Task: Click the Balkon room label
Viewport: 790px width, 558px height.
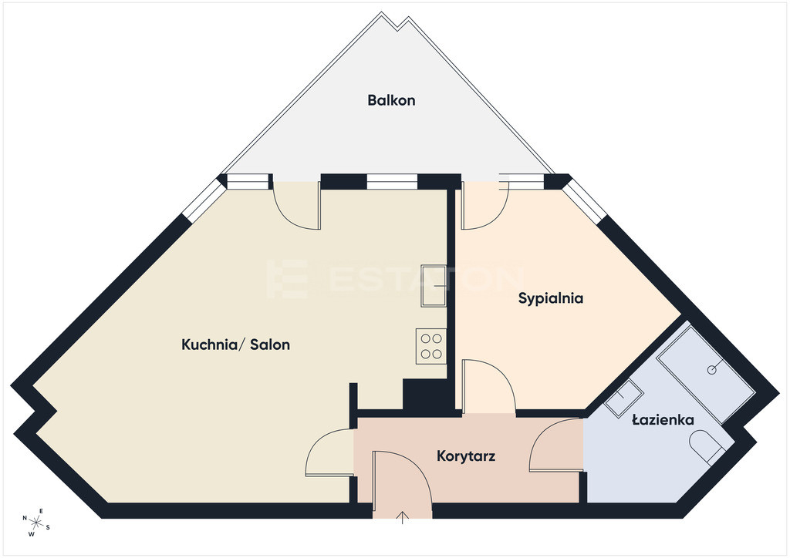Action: point(391,100)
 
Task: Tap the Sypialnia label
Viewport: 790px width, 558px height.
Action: point(551,298)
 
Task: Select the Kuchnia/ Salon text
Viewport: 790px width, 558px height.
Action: point(235,345)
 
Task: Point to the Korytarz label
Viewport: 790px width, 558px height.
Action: point(466,456)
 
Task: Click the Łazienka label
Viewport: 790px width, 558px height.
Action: point(663,419)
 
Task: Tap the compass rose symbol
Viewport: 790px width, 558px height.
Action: point(36,523)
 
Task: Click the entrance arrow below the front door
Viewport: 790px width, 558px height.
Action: point(403,518)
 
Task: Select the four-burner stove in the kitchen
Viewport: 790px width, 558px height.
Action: point(431,346)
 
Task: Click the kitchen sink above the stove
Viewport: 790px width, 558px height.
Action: point(434,285)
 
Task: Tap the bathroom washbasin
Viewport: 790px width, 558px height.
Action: point(623,398)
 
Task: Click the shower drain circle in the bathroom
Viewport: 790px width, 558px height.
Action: point(712,370)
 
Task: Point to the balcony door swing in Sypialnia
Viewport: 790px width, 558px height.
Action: point(486,205)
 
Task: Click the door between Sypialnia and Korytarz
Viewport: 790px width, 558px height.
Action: point(488,385)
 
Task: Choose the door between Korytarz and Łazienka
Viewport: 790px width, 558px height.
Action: point(555,445)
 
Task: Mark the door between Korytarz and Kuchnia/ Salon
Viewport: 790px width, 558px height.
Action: point(330,452)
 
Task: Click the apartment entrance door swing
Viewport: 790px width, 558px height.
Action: point(401,484)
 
